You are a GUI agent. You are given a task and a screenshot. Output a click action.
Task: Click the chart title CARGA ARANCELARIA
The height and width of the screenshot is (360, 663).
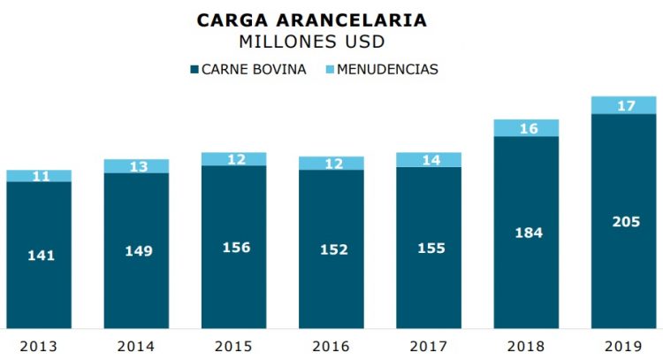(x=312, y=19)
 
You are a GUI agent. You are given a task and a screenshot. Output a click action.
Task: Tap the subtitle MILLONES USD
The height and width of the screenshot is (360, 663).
(x=312, y=41)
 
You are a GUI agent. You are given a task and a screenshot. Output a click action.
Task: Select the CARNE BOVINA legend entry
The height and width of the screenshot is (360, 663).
(x=248, y=69)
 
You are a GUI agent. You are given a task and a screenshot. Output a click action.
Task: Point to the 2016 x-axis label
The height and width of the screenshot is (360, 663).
(x=331, y=345)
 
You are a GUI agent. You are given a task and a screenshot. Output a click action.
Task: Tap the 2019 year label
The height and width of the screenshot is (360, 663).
(x=623, y=345)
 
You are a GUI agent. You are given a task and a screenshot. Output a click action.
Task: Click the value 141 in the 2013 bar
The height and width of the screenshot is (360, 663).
(x=41, y=256)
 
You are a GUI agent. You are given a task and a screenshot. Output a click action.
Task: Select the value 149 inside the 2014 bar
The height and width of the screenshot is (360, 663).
(x=138, y=251)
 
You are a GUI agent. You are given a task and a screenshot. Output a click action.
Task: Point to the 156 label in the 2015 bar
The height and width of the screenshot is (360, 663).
(x=234, y=248)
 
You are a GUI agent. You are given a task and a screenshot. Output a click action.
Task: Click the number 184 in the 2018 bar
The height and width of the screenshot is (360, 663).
(x=527, y=233)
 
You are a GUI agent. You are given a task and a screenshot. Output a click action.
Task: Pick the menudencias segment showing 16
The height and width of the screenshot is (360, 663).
(x=526, y=128)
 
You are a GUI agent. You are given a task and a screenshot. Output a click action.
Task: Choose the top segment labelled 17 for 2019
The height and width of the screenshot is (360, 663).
(x=624, y=105)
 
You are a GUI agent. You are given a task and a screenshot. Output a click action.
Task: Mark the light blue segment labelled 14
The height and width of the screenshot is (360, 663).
(x=429, y=160)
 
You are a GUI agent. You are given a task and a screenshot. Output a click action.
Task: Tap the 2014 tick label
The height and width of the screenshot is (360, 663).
(x=136, y=345)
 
